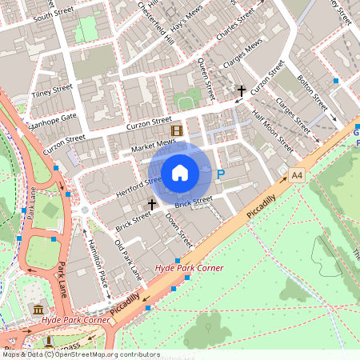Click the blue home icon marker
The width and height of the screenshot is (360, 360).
(x=180, y=172)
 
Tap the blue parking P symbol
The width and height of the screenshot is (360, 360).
(x=222, y=173)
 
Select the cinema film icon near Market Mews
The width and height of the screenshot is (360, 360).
(x=175, y=130)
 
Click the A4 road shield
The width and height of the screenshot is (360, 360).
(x=298, y=174)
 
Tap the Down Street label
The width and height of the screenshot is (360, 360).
(x=178, y=229)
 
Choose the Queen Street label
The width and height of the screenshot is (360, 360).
(x=204, y=77)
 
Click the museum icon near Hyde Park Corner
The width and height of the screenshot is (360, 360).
(x=37, y=308)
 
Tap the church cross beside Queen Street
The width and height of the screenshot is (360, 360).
(x=240, y=92)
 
